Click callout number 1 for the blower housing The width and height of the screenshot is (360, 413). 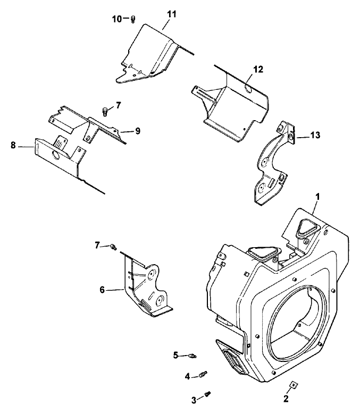(x=317, y=196)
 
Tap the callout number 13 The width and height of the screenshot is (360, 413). (x=315, y=136)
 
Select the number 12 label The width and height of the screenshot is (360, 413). (x=258, y=69)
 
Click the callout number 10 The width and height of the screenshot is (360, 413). (x=117, y=19)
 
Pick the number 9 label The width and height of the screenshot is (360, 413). (x=137, y=131)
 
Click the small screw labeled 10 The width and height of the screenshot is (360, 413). (x=133, y=20)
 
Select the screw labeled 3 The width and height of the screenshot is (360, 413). (x=208, y=394)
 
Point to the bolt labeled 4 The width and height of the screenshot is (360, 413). (x=203, y=375)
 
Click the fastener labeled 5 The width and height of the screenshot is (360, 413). (x=192, y=355)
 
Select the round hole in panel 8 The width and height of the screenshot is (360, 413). (x=56, y=155)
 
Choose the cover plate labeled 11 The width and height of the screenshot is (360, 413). (x=152, y=53)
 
